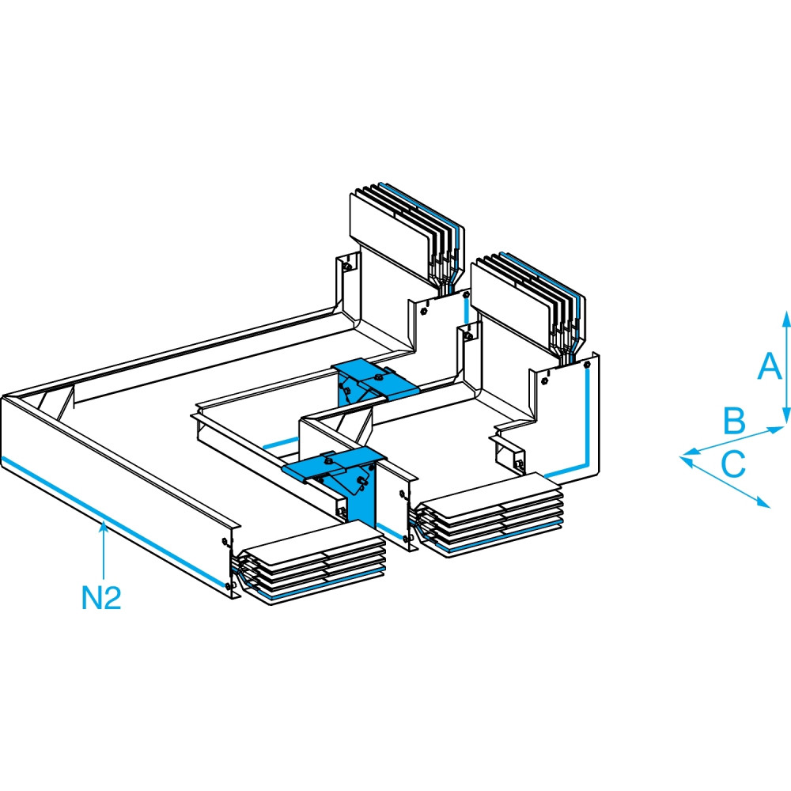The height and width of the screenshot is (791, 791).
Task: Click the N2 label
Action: coord(102,597)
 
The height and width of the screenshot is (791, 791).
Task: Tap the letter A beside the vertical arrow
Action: coord(766,367)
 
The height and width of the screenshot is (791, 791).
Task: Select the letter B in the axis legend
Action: coord(735,421)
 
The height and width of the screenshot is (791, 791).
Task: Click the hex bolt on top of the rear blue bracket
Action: coord(388,371)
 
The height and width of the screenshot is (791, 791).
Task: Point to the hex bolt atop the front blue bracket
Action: coord(327,456)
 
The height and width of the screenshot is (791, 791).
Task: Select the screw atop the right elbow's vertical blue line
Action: coord(585,366)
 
